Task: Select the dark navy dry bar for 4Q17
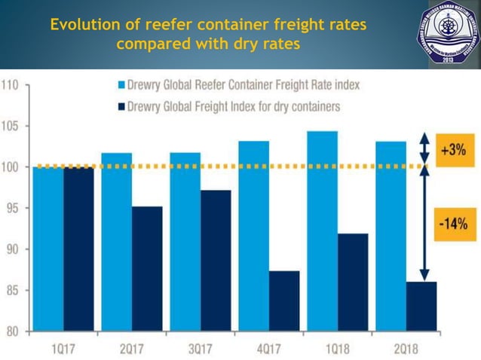click(284, 301)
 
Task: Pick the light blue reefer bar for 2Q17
click(116, 242)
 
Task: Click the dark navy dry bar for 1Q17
click(78, 249)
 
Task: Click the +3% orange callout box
click(454, 149)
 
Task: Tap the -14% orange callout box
click(454, 223)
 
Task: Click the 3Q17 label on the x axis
click(200, 349)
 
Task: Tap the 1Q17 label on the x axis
click(63, 349)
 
